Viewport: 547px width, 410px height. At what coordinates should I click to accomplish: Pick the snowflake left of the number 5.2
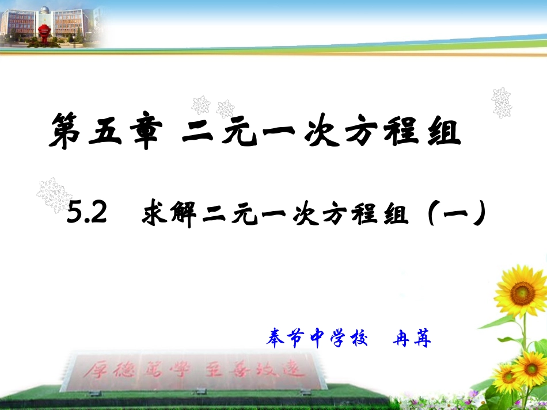[55, 194]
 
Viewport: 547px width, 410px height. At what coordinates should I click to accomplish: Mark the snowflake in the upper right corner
[502, 102]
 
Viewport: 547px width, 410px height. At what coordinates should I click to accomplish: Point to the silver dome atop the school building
[44, 10]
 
